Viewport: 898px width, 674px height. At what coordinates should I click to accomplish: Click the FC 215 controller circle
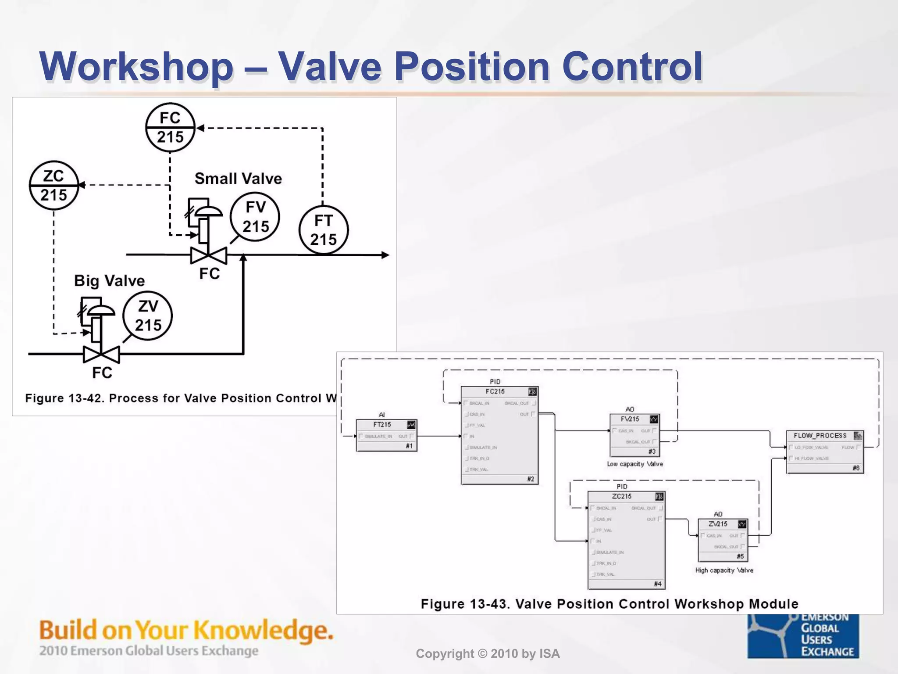tap(170, 128)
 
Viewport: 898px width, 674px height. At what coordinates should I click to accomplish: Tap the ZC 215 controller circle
tap(54, 185)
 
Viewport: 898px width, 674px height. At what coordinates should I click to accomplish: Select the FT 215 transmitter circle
tap(324, 230)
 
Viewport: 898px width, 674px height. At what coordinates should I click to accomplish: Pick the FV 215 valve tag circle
tap(255, 217)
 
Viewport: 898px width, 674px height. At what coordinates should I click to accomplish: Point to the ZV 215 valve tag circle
tap(148, 315)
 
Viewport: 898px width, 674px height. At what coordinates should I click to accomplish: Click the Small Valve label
tap(238, 179)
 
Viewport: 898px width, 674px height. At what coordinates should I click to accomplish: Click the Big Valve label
tap(109, 280)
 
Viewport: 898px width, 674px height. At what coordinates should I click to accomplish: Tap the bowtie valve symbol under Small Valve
tap(209, 255)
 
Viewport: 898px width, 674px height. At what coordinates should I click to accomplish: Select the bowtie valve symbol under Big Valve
tap(101, 354)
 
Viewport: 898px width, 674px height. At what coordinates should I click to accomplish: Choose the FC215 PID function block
tap(499, 435)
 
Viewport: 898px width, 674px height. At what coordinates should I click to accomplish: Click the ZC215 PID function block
tap(626, 540)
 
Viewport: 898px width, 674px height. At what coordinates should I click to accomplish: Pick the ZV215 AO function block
tap(723, 540)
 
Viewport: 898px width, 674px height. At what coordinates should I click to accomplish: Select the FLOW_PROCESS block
tap(825, 452)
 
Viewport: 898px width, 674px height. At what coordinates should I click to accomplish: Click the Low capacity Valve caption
tap(635, 464)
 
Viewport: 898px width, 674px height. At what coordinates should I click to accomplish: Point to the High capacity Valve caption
tap(724, 570)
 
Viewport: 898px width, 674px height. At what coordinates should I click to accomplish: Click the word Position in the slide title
tap(472, 67)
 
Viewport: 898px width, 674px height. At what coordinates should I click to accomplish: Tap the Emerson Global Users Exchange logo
tap(803, 636)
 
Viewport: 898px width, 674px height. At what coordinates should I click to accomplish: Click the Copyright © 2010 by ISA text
tap(488, 654)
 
